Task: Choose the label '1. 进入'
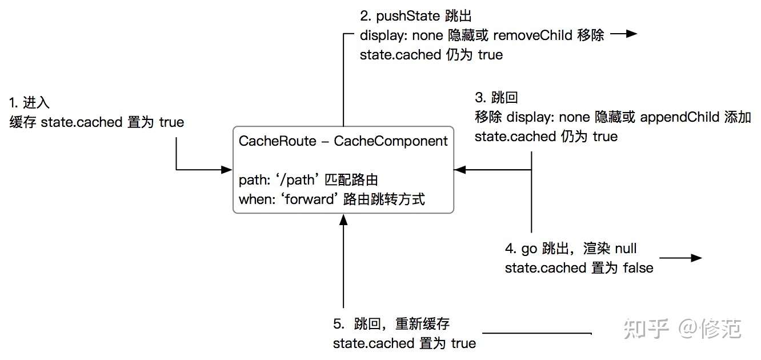tap(30, 103)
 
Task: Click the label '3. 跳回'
tap(496, 98)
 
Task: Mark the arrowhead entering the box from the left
tap(227, 170)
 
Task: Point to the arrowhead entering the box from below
tap(343, 219)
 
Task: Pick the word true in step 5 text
tap(463, 343)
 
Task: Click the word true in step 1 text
tap(171, 122)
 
